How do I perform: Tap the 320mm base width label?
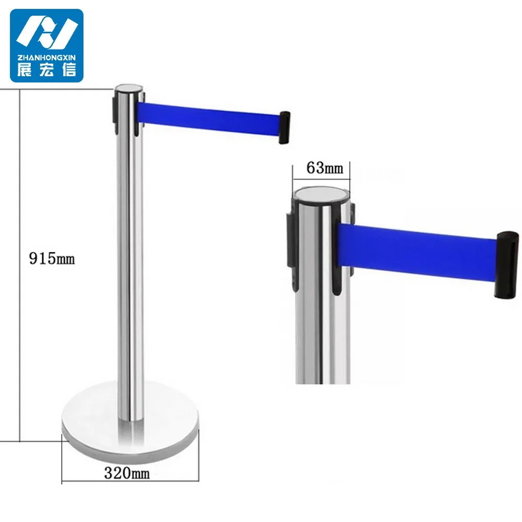pyautogui.click(x=127, y=473)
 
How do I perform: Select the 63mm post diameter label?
pyautogui.click(x=325, y=168)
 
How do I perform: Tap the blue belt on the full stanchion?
pyautogui.click(x=209, y=118)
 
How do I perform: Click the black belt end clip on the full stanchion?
pyautogui.click(x=285, y=127)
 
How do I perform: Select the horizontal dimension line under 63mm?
pyautogui.click(x=321, y=178)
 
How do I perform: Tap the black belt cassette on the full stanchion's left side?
pyautogui.click(x=116, y=110)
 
